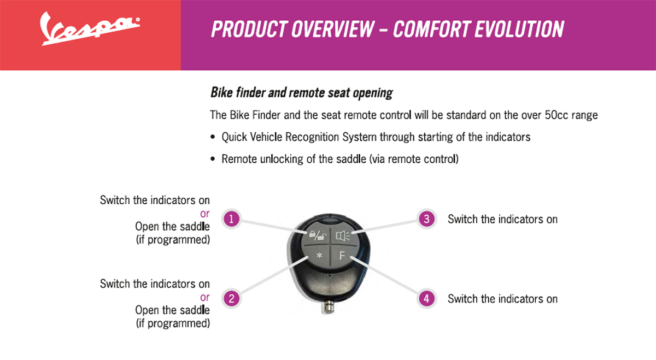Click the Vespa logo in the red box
89,29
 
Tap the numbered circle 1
231,219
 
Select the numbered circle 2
231,298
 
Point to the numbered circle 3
427,219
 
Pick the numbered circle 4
427,298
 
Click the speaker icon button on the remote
343,235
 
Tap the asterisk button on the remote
319,256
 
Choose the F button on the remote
342,256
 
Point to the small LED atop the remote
330,221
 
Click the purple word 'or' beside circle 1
204,214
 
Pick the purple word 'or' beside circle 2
204,297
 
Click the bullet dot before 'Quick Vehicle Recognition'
213,137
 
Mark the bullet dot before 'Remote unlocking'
213,159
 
